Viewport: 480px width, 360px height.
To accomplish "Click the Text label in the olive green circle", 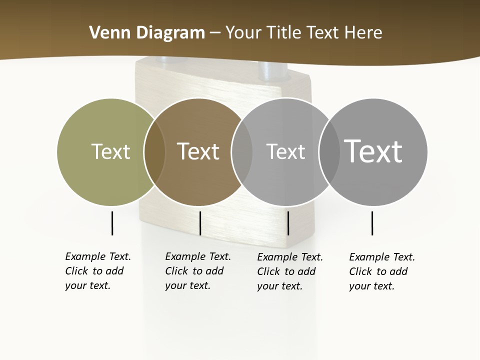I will (110, 151).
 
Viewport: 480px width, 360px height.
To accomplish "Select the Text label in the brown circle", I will (198, 151).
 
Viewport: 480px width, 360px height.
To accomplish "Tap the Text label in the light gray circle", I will (285, 151).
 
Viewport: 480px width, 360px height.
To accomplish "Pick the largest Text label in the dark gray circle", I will (373, 151).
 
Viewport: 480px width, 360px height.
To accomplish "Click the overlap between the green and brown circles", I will (154, 152).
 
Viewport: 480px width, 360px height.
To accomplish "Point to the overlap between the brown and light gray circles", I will (242, 152).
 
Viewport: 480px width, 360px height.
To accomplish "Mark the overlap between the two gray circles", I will (329, 152).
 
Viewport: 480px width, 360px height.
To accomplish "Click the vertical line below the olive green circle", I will (112, 223).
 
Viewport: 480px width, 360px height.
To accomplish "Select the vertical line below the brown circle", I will (200, 223).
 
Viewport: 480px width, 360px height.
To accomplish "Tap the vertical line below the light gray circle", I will (288, 223).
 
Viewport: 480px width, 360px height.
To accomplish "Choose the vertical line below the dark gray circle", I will (372, 223).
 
